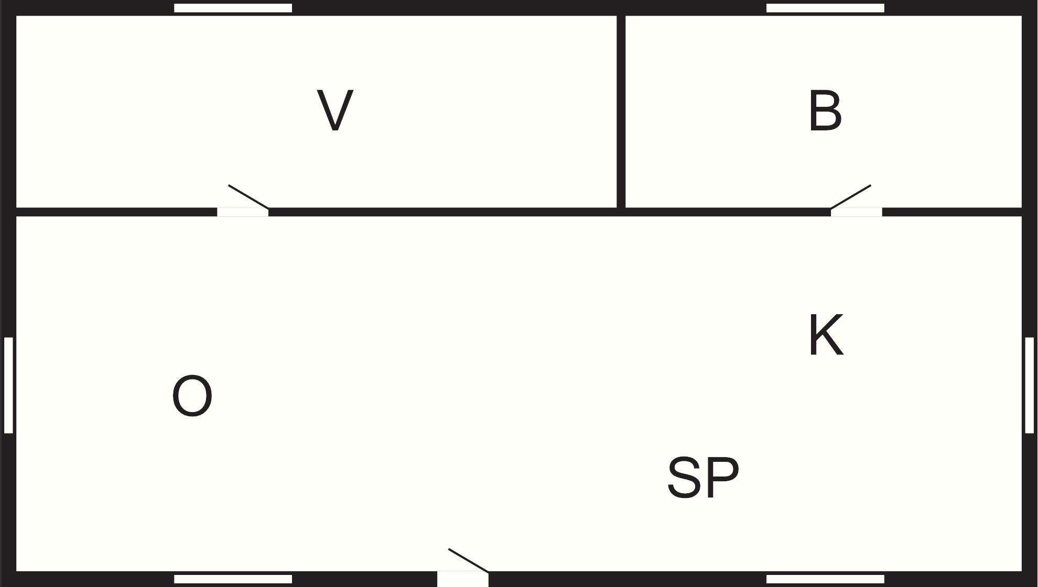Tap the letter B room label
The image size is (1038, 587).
[825, 110]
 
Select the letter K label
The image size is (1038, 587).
[826, 335]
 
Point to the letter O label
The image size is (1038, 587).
[192, 396]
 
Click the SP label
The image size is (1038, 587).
[703, 478]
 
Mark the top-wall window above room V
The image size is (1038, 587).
[233, 8]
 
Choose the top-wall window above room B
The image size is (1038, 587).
[825, 8]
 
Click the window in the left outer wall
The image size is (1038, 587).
[8, 385]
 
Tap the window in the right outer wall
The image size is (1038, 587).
[1029, 385]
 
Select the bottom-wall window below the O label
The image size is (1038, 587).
[233, 579]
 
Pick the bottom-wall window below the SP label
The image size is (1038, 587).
[825, 579]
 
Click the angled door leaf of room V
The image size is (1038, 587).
[248, 196]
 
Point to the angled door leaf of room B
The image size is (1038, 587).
[850, 196]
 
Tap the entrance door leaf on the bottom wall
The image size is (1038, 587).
[469, 560]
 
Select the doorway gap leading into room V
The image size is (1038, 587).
[243, 212]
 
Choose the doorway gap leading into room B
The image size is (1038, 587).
[856, 212]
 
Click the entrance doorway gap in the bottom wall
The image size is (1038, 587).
[463, 579]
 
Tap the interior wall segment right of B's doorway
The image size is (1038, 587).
[952, 212]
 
